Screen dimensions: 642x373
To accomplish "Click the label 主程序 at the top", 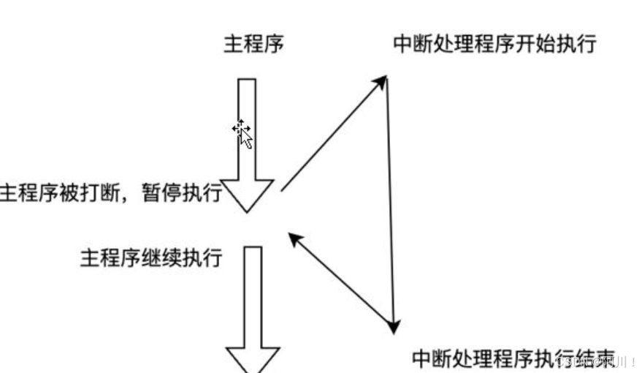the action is pos(253,44).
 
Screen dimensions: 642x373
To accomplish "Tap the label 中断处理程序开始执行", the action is pos(494,44).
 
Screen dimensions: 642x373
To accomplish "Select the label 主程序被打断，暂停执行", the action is pos(110,193).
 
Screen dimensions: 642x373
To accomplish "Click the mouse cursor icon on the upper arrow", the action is pos(243,133).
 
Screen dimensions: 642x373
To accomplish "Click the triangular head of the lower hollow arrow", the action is pos(253,359).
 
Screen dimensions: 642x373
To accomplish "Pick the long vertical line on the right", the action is pos(391,205).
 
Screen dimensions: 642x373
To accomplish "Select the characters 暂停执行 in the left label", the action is pos(182,193).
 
